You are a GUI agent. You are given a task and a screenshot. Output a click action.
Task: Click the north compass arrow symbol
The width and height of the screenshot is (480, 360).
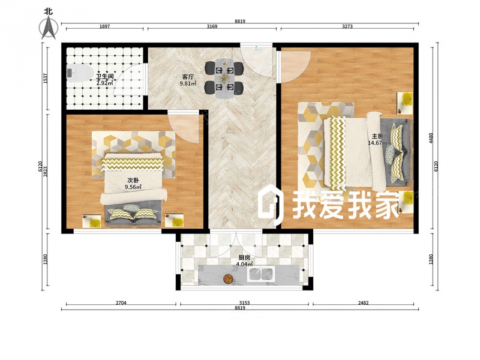[49, 27]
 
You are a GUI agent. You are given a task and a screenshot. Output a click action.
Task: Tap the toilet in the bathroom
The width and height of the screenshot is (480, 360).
[80, 73]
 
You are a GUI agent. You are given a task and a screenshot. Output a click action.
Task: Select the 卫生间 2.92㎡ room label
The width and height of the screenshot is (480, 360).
[104, 80]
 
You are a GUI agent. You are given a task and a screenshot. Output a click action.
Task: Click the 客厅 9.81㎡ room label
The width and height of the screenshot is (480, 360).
[188, 80]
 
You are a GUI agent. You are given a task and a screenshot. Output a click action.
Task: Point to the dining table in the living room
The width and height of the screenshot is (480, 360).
[224, 78]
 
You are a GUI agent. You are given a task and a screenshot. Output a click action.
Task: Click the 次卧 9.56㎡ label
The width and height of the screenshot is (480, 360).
[133, 184]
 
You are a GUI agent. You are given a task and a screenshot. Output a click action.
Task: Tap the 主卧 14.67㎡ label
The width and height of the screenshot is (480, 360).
[378, 139]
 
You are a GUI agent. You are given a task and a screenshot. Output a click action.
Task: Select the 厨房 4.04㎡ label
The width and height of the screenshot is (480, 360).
[244, 261]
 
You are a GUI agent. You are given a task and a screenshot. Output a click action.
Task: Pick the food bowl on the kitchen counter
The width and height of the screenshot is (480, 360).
[227, 278]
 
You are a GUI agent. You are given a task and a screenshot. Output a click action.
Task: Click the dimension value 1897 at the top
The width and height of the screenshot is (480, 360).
[104, 26]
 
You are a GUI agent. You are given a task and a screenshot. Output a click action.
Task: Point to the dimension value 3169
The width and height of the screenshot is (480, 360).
[212, 26]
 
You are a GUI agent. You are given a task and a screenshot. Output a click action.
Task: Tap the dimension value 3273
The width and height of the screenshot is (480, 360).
[347, 26]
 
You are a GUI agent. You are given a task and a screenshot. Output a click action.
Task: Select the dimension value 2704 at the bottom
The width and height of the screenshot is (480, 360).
[121, 303]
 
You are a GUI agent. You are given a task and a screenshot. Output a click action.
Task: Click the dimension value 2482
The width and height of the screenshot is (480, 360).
[363, 303]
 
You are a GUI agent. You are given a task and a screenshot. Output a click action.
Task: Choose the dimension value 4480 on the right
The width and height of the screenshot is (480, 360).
[431, 139]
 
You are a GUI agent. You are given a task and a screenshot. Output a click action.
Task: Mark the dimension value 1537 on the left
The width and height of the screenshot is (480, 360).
[45, 79]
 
